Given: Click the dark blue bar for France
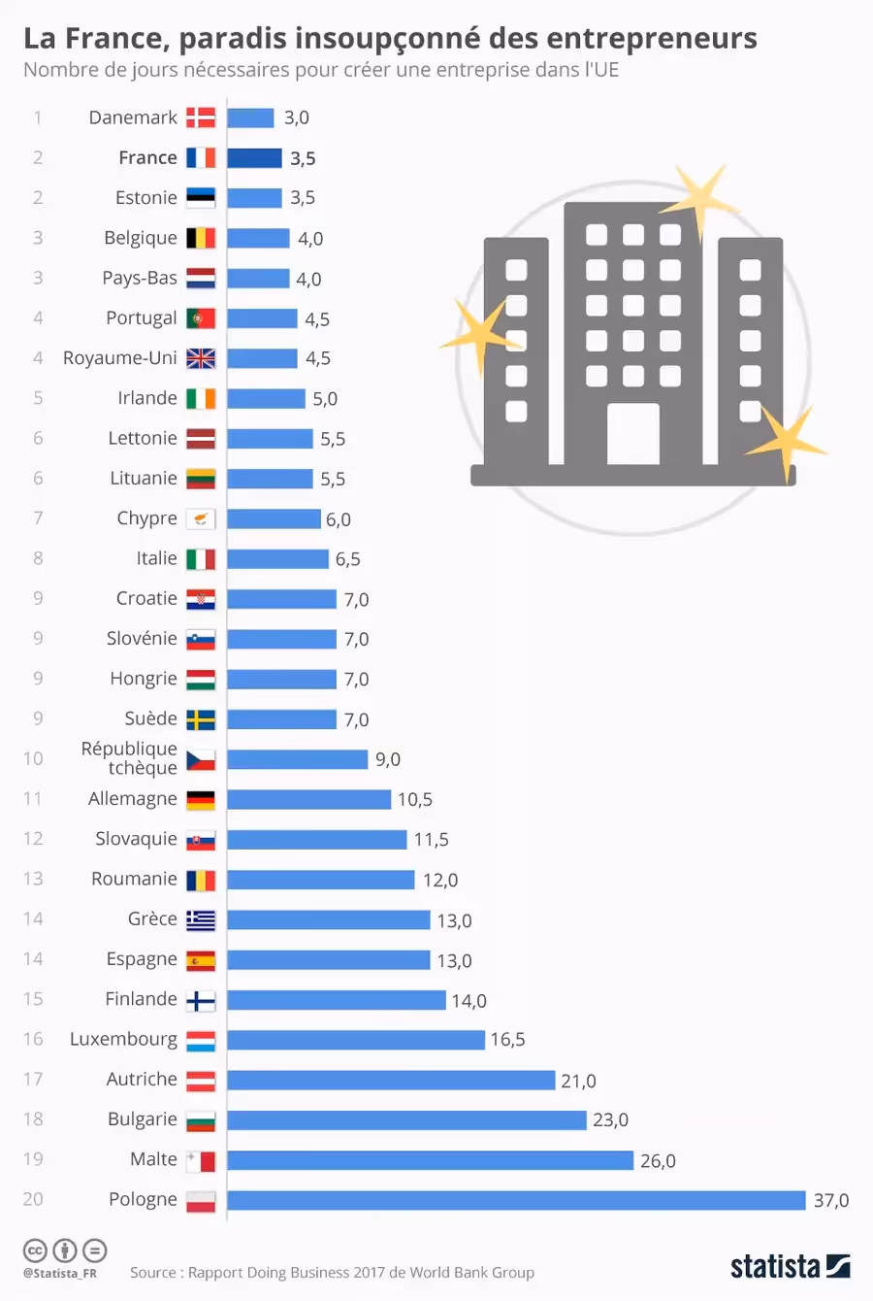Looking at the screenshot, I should [254, 158].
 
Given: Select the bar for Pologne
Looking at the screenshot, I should [516, 1200].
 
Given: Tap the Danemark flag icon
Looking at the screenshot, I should [201, 118].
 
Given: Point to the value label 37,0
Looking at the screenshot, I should [831, 1200].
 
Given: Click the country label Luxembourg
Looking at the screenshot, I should [123, 1040].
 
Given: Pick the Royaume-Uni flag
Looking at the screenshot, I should [201, 358].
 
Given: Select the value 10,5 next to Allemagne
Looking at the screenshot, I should [415, 800].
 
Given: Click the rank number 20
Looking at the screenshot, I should [33, 1199].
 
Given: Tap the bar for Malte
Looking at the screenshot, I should [430, 1160].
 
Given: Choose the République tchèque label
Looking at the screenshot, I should [130, 758].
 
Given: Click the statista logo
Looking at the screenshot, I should [790, 1266].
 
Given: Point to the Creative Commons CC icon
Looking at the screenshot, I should [35, 1250].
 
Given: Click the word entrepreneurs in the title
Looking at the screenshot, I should [651, 39].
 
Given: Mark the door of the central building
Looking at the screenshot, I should [632, 434].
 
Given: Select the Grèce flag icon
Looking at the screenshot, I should [201, 919].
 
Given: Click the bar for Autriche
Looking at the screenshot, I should [391, 1081].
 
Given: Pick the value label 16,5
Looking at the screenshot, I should [507, 1040].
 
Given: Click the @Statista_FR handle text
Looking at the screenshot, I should [60, 1273].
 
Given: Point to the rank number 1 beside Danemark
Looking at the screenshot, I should [38, 118].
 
